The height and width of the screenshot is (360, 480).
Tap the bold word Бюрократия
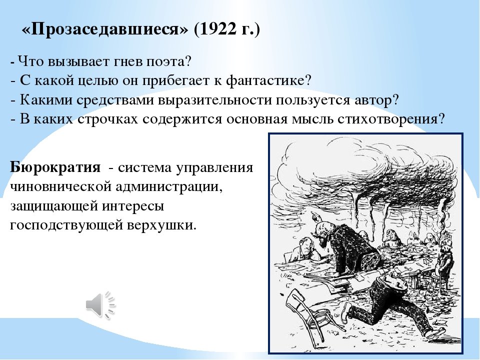(x=55, y=168)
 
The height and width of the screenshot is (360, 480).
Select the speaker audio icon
(x=100, y=305)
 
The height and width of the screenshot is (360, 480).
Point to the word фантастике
(x=269, y=80)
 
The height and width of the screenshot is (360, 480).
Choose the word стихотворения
(x=391, y=119)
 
